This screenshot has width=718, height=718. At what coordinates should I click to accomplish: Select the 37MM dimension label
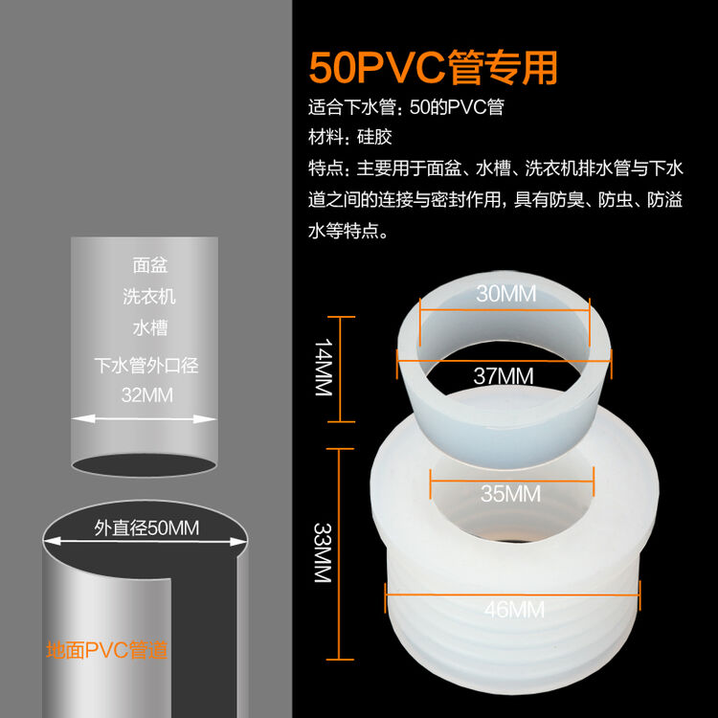click(504, 376)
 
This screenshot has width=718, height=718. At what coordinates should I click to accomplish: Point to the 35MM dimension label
click(510, 494)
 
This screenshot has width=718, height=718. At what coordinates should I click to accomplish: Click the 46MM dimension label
click(513, 609)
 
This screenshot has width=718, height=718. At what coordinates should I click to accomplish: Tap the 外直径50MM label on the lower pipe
click(146, 527)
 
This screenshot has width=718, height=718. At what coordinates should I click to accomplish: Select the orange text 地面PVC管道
click(107, 651)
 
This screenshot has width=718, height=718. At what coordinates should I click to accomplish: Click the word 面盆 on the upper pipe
click(150, 265)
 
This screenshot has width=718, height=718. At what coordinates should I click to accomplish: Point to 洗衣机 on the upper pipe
click(149, 297)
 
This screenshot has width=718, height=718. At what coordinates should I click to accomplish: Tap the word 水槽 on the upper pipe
click(150, 328)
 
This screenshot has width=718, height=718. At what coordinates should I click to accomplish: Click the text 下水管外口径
click(146, 365)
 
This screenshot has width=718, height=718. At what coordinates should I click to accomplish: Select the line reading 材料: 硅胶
click(350, 137)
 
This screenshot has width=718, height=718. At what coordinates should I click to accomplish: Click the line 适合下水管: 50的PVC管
click(405, 107)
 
